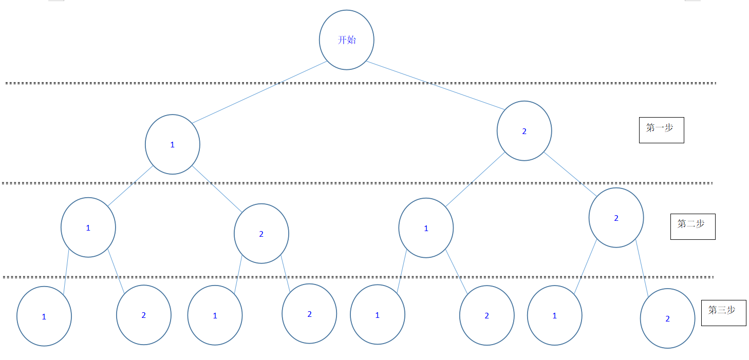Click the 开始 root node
(347, 40)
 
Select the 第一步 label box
(661, 130)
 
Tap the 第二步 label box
(692, 226)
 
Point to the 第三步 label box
(723, 312)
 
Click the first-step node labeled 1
(173, 144)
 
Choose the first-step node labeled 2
(524, 131)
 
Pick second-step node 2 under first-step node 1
(261, 234)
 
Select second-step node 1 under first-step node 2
(426, 228)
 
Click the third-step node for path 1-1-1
(44, 316)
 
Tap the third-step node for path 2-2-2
(667, 318)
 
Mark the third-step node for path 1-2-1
(215, 315)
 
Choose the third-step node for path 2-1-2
(486, 315)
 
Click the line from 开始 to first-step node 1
(259, 92)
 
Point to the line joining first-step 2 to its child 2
(570, 175)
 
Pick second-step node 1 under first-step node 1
(88, 228)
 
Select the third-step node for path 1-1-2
(143, 315)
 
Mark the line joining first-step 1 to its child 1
(130, 186)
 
